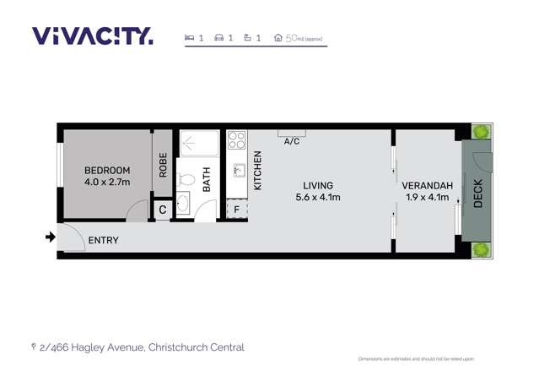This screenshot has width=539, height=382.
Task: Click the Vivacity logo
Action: coord(93,36)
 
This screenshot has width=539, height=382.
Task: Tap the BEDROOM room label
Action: coord(107,171)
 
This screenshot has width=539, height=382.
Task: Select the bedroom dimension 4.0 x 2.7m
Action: coord(107,182)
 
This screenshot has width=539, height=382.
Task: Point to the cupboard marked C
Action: coord(162,210)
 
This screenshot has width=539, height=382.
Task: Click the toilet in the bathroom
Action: coord(187,179)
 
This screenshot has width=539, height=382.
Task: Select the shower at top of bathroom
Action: coord(197,143)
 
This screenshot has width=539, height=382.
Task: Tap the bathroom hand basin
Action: coord(183,205)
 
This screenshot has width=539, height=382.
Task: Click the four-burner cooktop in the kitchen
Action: coord(237,140)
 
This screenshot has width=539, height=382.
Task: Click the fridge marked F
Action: coord(236,209)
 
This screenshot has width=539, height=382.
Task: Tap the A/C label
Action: coord(292,141)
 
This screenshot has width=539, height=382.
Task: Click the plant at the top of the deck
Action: coord(481,132)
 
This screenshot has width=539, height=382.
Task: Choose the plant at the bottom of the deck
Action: coord(481,249)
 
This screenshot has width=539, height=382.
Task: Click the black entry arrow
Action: coord(50,237)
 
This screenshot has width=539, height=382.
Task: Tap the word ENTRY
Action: coord(103,241)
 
